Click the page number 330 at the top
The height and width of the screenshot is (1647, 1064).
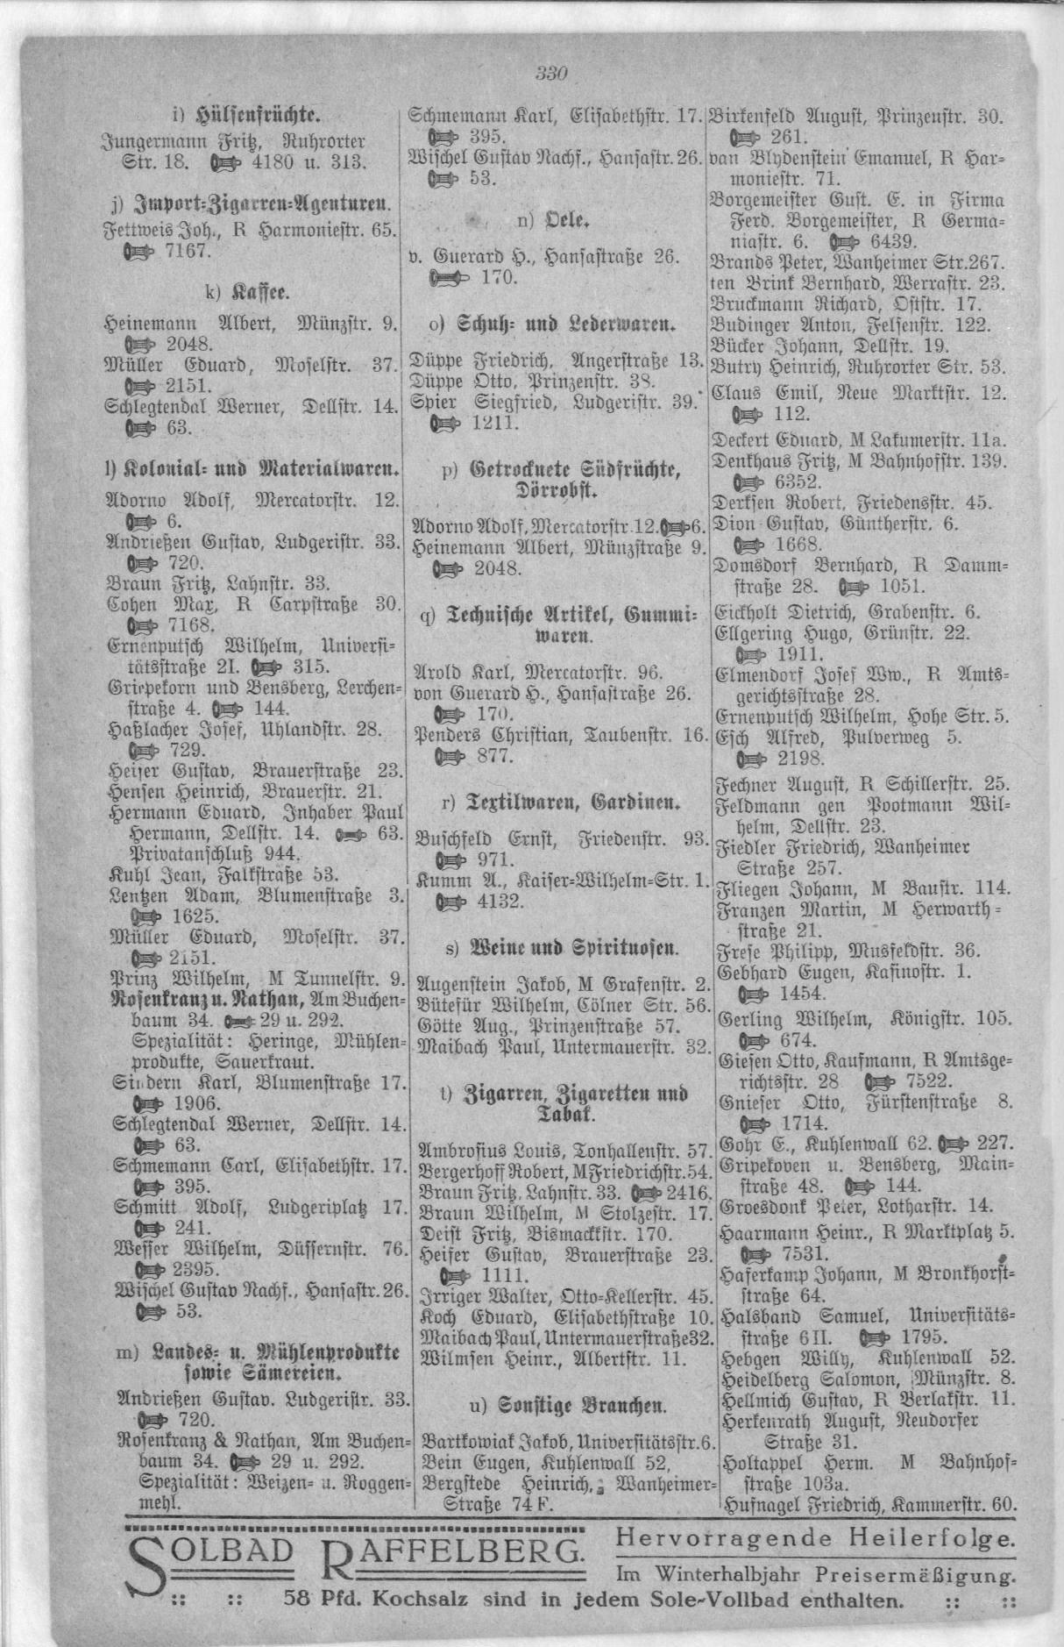pyautogui.click(x=552, y=74)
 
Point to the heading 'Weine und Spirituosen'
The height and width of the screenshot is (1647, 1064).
pyautogui.click(x=560, y=946)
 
